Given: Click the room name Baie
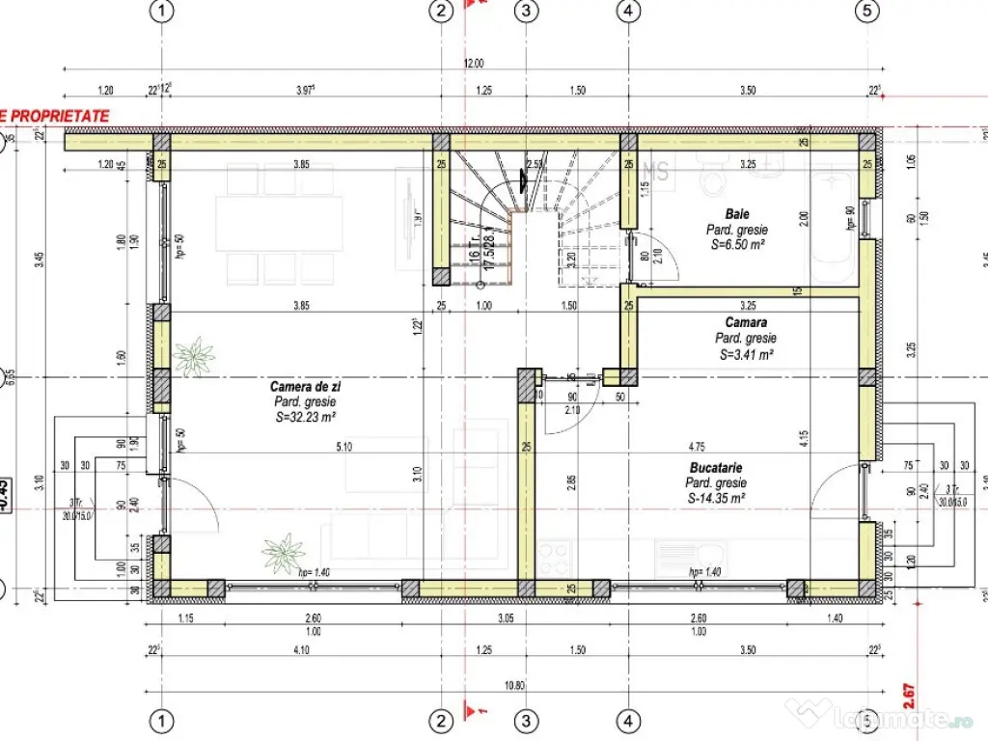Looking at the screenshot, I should [737, 213].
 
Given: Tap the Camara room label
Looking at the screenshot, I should [745, 322].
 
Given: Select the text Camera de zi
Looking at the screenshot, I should [305, 386].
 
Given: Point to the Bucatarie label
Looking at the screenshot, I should [715, 467].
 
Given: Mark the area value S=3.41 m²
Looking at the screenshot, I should [745, 354].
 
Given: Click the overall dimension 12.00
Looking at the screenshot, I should [473, 64].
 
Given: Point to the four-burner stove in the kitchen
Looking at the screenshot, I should [554, 557].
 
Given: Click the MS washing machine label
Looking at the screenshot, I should [656, 171].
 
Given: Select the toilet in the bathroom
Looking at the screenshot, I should [715, 178].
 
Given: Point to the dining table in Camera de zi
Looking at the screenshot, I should [279, 224].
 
